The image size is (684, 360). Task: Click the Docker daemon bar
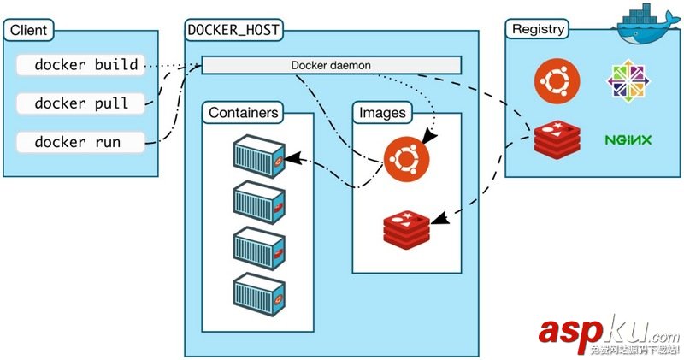coord(332,65)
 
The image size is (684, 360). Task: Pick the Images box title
coord(382,112)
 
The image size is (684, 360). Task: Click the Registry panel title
coord(538,29)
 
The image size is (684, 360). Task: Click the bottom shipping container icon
coord(259,292)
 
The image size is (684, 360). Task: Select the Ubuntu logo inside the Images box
coord(405,159)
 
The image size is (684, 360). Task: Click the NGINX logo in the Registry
coord(628,139)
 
